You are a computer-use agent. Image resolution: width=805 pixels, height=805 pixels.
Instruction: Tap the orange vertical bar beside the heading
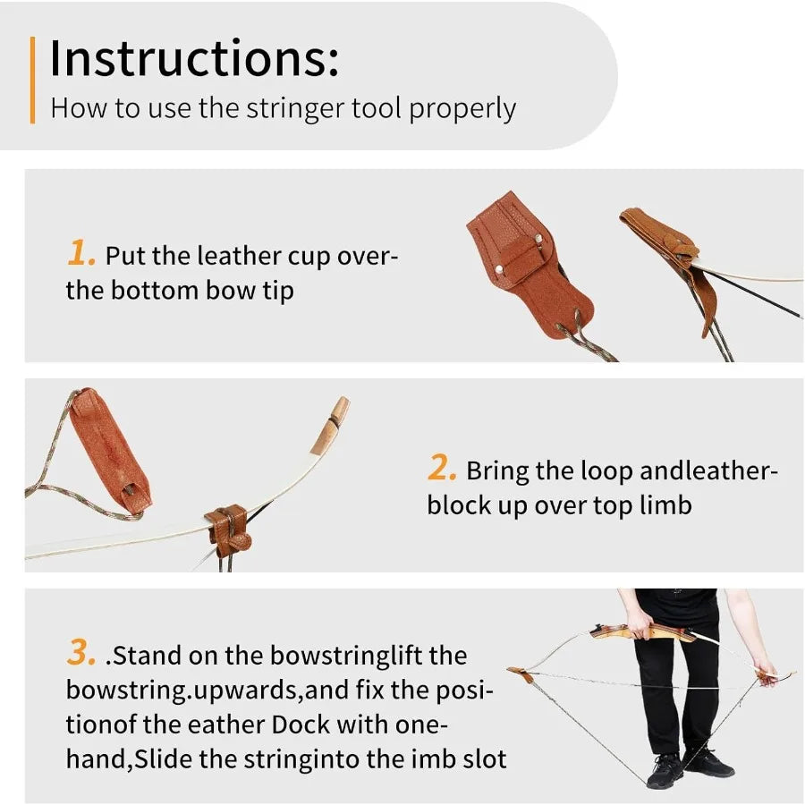click(33, 80)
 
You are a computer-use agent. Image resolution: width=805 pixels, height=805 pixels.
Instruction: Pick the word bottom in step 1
click(157, 290)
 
